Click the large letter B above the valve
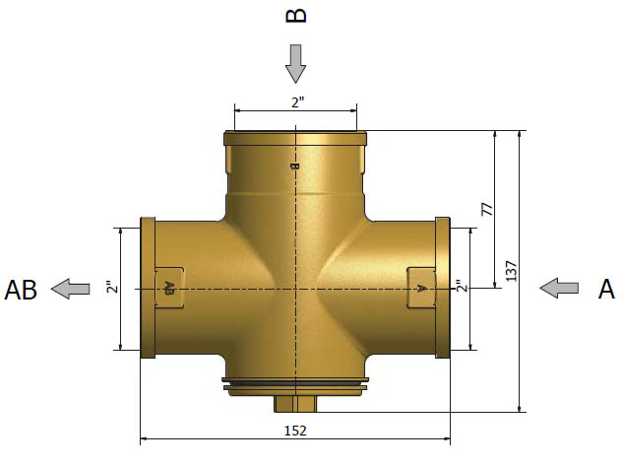point(296,16)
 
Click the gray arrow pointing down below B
point(295,64)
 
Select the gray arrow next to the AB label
point(71,289)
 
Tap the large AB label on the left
point(21,290)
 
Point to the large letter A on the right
point(605,289)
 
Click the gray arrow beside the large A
point(559,288)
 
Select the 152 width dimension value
point(295,431)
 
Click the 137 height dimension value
point(512,271)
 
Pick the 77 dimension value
point(487,209)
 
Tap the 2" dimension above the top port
point(298,102)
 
